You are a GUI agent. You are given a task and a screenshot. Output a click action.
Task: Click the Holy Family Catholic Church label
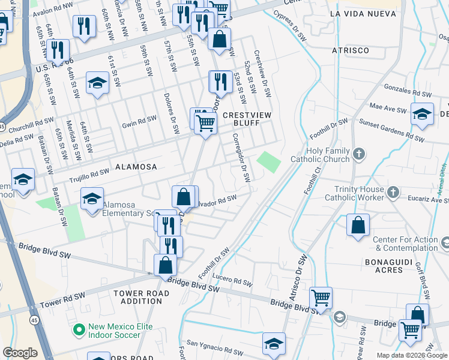(319, 155)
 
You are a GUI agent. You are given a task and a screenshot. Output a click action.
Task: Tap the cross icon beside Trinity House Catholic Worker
(393, 192)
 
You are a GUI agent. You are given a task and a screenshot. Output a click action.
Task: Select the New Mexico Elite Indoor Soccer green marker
(79, 329)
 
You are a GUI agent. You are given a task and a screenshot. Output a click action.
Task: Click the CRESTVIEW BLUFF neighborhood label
(241, 118)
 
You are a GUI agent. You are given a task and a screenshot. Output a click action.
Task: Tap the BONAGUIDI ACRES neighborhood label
(384, 266)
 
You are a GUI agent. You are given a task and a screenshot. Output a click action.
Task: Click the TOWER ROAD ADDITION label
(141, 296)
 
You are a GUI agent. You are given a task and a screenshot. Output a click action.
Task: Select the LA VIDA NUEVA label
(358, 13)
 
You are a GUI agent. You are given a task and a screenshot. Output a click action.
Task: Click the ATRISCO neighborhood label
(351, 50)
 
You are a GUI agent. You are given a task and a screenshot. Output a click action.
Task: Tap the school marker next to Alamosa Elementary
(92, 198)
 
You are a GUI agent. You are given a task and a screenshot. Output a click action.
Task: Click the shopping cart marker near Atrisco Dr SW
(321, 297)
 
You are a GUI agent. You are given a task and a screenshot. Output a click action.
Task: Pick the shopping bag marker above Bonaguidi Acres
(358, 225)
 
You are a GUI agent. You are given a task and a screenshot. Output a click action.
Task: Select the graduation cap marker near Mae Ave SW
(422, 114)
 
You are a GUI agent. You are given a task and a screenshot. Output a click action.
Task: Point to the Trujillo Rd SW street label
(88, 172)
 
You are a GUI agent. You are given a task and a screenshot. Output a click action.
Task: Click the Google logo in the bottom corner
(20, 353)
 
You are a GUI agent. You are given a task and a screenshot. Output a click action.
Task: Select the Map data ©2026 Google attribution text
(411, 355)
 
